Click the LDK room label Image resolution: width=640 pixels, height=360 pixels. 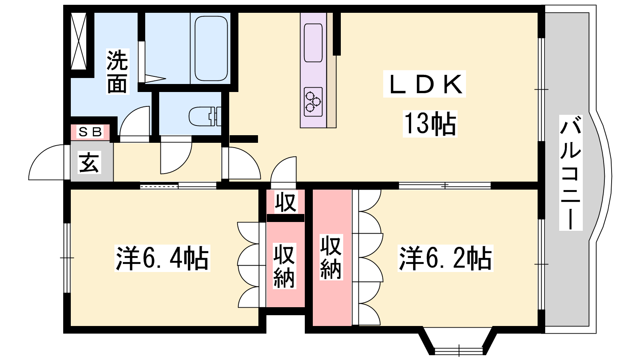[x=424, y=84]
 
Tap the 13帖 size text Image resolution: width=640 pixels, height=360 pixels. [x=430, y=124]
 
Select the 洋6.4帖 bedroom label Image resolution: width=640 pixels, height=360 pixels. [x=162, y=258]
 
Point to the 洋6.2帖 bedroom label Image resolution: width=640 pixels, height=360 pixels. [x=446, y=258]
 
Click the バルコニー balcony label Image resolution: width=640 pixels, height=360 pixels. [x=570, y=172]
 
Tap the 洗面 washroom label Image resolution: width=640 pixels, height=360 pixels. [x=118, y=72]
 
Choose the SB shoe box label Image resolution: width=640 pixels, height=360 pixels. [x=90, y=132]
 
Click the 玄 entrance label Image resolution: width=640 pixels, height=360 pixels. [x=89, y=162]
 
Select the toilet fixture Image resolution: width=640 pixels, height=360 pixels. [x=205, y=116]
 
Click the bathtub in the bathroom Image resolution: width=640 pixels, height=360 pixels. [x=211, y=48]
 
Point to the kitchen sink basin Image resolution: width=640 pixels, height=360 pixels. [x=313, y=43]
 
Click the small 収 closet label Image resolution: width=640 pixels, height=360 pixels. [x=286, y=202]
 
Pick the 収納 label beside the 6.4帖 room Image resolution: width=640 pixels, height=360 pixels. [x=284, y=266]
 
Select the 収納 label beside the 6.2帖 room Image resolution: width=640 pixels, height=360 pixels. [x=331, y=257]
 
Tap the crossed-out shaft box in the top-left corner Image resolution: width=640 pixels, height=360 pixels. [x=78, y=41]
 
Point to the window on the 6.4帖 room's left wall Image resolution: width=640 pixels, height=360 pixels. [x=67, y=258]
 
